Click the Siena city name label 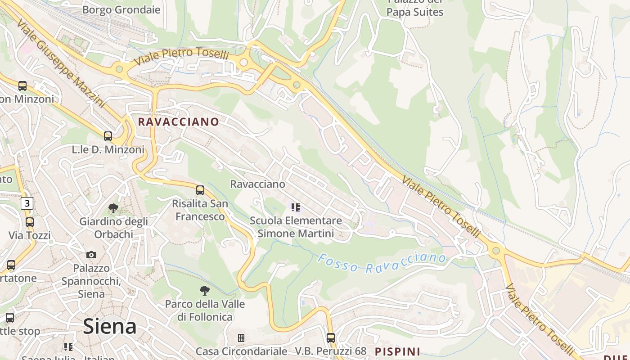click(110, 326)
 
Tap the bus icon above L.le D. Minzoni click(108, 136)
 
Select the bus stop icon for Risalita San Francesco click(200, 190)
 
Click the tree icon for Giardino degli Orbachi click(113, 208)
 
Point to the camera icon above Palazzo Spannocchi click(91, 255)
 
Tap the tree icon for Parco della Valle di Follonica click(205, 291)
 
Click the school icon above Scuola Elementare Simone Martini click(295, 207)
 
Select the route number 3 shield click(27, 203)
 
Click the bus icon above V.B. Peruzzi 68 click(331, 337)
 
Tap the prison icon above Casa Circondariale click(241, 337)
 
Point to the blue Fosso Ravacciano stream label click(382, 263)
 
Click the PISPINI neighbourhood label click(398, 351)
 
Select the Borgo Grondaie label click(121, 9)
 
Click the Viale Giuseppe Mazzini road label click(60, 63)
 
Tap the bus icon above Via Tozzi click(30, 222)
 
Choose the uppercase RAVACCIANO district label click(179, 121)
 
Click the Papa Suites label click(415, 12)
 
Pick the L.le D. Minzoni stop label click(108, 149)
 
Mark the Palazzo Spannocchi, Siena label click(91, 281)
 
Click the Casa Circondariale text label click(241, 351)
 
